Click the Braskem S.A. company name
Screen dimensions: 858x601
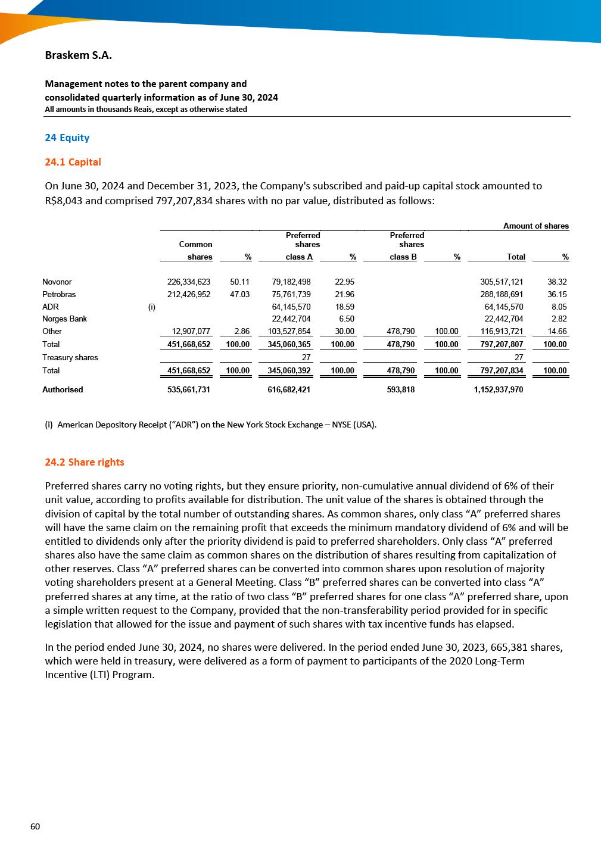coord(78,55)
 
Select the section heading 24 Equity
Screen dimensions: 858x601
coord(67,138)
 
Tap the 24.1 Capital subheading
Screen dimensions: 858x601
coord(73,162)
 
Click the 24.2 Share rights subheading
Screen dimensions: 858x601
coord(85,462)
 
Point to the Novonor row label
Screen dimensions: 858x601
coord(57,282)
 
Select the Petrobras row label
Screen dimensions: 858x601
coord(59,294)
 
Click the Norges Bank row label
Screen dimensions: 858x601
coord(64,319)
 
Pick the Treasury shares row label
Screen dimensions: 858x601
coord(70,357)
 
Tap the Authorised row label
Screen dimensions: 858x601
coord(63,389)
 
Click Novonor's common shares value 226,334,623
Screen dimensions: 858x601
coord(189,282)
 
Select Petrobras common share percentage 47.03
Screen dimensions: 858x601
coord(239,294)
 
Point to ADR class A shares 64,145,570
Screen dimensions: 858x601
coord(291,307)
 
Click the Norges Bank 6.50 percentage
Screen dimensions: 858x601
coord(346,319)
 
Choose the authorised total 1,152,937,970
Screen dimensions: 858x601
coord(499,389)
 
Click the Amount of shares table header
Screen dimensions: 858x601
coord(535,226)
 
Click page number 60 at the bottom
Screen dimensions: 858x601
coord(35,826)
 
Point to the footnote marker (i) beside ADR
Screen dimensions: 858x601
coord(151,307)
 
